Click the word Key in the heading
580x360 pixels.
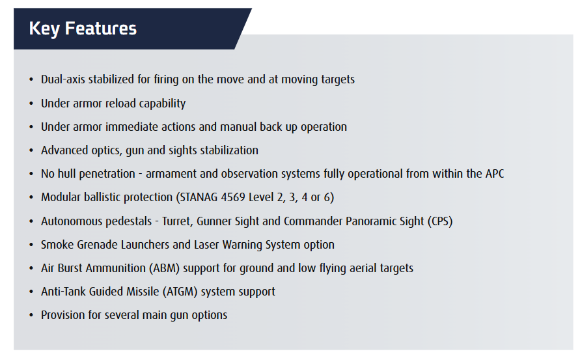coord(44,29)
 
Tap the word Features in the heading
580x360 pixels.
coord(101,29)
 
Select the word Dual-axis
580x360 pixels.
coord(63,79)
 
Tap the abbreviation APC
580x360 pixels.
coord(495,174)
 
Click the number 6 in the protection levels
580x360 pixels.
coord(327,197)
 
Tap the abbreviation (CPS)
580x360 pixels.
coord(440,221)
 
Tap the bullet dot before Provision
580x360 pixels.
coord(31,315)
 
